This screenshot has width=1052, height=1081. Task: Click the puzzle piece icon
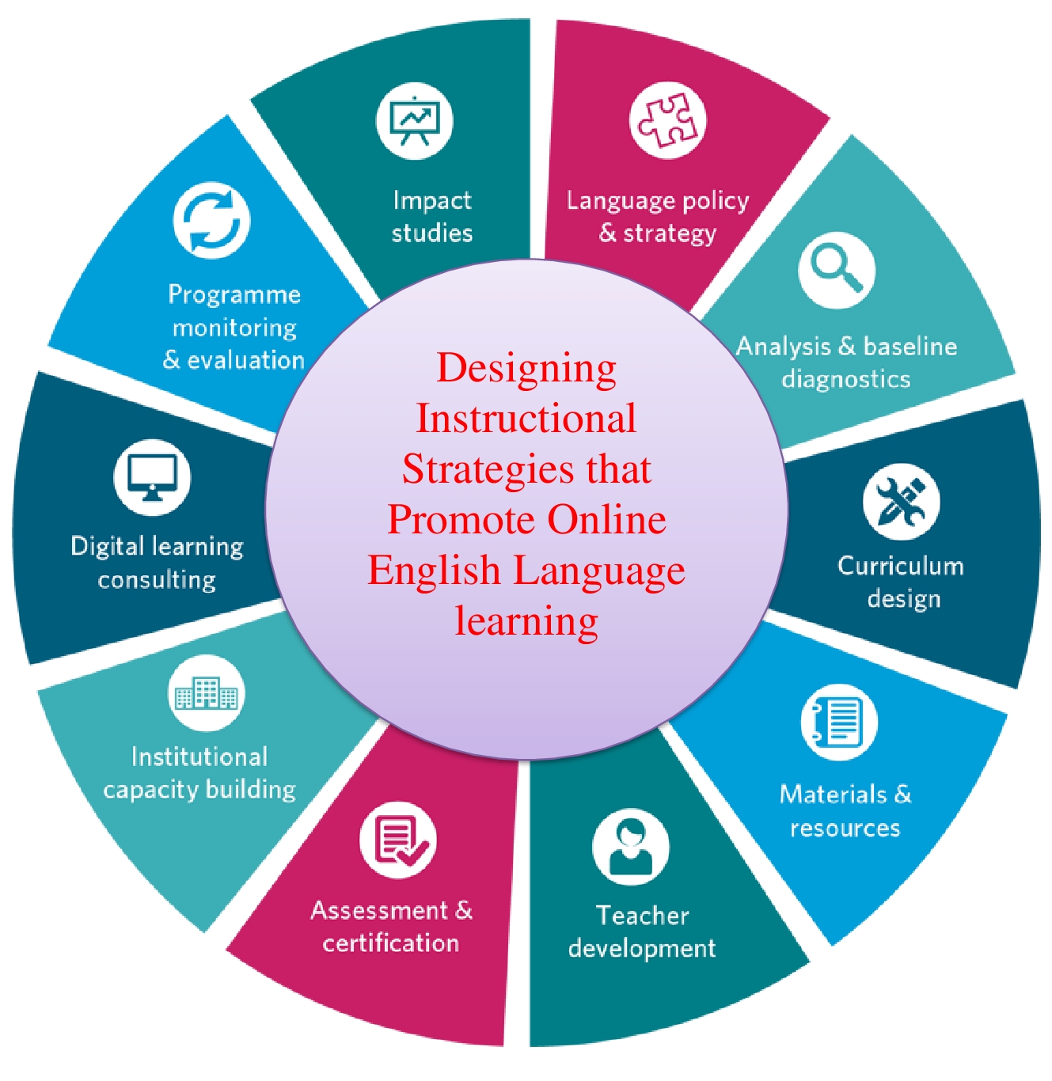tap(667, 120)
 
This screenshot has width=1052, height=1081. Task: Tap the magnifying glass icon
tap(837, 270)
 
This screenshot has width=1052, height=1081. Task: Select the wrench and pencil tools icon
tap(901, 502)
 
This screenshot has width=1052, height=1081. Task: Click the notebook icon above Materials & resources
tap(838, 722)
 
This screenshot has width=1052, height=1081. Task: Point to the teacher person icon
tap(630, 847)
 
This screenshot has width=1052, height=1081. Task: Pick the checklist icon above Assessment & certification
tap(397, 840)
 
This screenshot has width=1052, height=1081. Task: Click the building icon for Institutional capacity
tap(206, 693)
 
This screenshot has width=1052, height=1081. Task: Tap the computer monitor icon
tap(152, 477)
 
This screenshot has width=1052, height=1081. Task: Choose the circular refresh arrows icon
tap(211, 221)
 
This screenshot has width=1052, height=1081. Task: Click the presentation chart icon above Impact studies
tap(414, 121)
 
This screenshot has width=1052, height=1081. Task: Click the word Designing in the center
tap(526, 369)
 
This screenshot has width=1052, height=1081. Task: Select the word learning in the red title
tap(526, 622)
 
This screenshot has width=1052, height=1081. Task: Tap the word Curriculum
tap(901, 566)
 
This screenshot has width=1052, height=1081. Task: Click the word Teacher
tap(642, 916)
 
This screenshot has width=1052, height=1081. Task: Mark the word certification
tap(390, 943)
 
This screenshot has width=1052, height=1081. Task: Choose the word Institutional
tap(199, 757)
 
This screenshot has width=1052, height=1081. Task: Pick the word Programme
tap(234, 295)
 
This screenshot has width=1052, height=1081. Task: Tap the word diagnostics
tap(845, 379)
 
